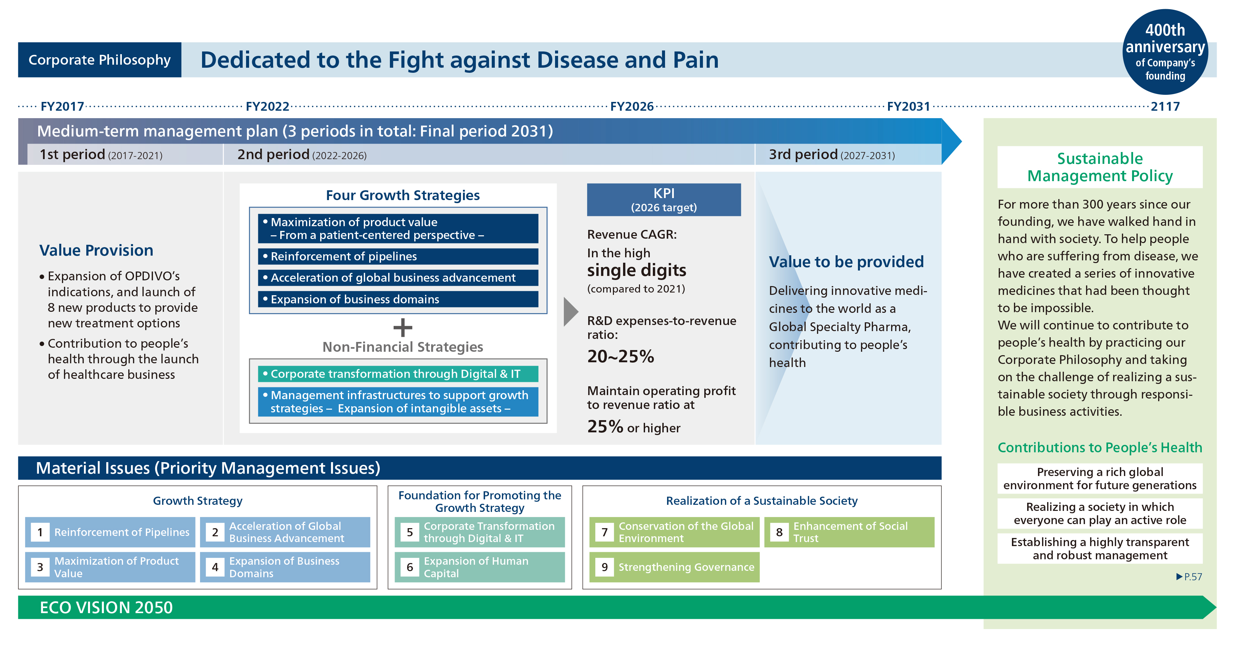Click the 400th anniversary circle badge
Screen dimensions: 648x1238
(x=1165, y=52)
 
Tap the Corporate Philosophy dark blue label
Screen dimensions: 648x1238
(x=100, y=60)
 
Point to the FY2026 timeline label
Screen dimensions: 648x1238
(x=632, y=106)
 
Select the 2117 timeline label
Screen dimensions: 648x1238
(x=1165, y=106)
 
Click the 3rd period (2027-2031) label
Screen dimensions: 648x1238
(x=832, y=155)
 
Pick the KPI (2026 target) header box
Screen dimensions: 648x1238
(x=664, y=199)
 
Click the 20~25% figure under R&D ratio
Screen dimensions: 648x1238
(x=620, y=356)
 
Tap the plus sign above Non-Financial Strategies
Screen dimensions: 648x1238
(x=403, y=328)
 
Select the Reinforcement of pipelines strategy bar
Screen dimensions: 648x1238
(x=398, y=256)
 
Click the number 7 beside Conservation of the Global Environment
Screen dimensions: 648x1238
(x=604, y=532)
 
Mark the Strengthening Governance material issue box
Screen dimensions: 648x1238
(x=674, y=567)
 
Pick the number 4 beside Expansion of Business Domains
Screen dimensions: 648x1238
(x=215, y=567)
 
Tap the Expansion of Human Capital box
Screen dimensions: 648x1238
(x=480, y=567)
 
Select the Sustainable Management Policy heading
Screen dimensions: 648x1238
(x=1100, y=167)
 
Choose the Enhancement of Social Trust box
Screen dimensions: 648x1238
(x=849, y=532)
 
